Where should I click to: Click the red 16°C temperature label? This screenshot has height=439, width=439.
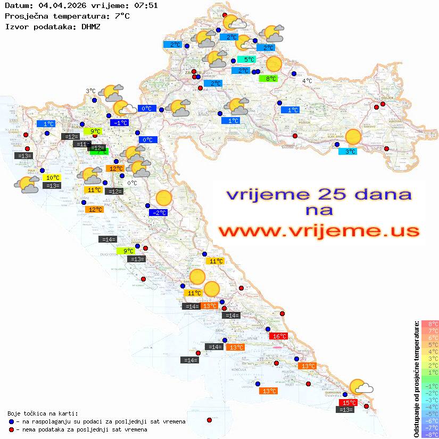click(279, 336)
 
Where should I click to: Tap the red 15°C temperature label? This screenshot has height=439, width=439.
click(348, 402)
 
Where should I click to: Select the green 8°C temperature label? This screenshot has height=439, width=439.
click(268, 78)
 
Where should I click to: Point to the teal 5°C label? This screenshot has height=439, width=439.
click(246, 60)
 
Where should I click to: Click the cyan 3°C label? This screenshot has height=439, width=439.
click(348, 151)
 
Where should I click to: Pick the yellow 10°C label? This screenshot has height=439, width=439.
click(52, 178)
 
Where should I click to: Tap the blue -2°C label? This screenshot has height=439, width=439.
click(159, 213)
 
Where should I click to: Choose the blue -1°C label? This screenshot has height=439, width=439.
click(120, 122)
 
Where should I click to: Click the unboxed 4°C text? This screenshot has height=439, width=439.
click(308, 81)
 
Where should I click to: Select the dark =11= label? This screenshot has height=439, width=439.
click(81, 144)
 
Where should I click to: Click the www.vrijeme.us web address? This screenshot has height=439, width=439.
click(319, 231)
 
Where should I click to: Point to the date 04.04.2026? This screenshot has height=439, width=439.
click(57, 5)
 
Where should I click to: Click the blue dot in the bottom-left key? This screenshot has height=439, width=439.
click(11, 421)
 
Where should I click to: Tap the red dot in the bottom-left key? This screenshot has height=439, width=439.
click(11, 429)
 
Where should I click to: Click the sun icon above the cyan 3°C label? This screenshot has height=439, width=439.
click(353, 137)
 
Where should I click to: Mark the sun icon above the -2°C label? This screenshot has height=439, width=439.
click(164, 198)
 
